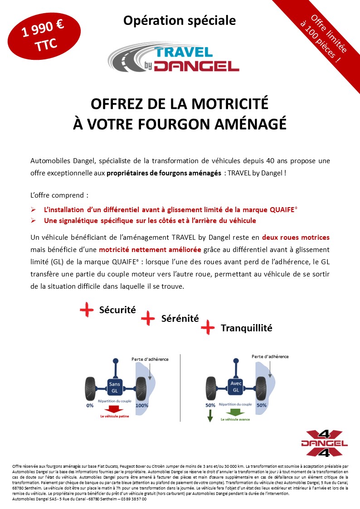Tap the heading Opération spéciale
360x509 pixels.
[180, 20]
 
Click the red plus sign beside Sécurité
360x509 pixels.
[87, 310]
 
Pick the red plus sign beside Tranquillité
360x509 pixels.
[208, 327]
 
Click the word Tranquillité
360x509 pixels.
[246, 328]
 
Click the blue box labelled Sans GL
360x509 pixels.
[114, 387]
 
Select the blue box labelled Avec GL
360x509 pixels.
[235, 387]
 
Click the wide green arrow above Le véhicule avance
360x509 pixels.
[235, 412]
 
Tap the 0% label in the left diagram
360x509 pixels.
[90, 405]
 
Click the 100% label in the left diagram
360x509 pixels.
[142, 405]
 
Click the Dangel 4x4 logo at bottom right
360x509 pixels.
[324, 442]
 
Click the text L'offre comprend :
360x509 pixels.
[59, 195]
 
